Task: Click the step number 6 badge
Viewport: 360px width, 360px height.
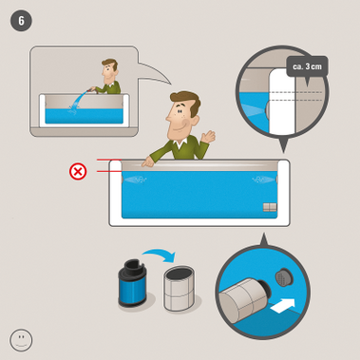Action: (x=21, y=21)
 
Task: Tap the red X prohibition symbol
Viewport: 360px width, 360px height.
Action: (x=78, y=172)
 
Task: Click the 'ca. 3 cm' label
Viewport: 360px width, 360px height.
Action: (x=307, y=67)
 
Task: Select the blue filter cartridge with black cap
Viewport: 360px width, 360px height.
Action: (x=131, y=283)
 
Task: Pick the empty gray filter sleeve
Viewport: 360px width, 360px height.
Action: (x=179, y=289)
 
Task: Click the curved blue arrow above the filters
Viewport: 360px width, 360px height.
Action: (x=160, y=254)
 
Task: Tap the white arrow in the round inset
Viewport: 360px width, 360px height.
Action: (x=283, y=306)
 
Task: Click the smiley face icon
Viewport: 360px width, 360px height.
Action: (x=21, y=340)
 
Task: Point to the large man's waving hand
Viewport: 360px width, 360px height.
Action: (x=207, y=137)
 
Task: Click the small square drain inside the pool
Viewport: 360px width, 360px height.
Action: (x=270, y=207)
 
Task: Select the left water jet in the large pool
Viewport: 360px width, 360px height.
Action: (x=135, y=180)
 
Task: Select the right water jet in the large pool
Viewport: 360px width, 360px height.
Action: (x=264, y=180)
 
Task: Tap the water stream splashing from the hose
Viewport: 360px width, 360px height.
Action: (x=78, y=103)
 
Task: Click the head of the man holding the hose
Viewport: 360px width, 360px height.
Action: (x=109, y=71)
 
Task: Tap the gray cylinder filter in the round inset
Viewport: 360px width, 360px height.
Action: (x=242, y=300)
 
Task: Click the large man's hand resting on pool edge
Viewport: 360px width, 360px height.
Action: (x=147, y=161)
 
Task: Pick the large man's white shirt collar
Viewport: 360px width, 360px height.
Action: (x=180, y=144)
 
